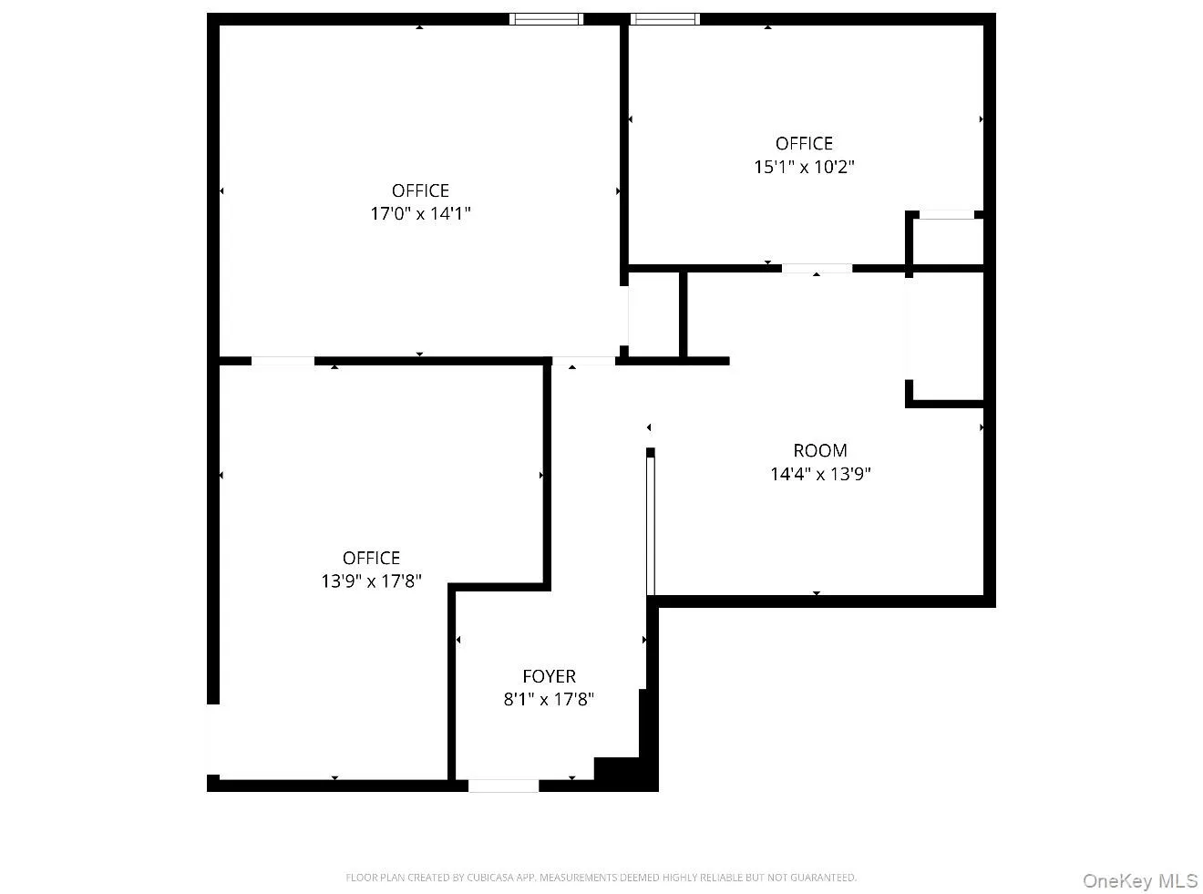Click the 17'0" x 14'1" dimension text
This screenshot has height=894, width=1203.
[420, 214]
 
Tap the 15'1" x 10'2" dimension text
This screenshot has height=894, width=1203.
[804, 167]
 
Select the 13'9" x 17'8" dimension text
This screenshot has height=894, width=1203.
[371, 581]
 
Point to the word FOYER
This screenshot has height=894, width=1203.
[549, 676]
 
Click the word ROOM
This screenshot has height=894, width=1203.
[820, 450]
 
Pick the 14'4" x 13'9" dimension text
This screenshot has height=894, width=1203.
[820, 474]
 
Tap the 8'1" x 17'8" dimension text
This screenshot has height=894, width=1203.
[549, 700]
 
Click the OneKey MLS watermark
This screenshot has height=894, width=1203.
[1139, 880]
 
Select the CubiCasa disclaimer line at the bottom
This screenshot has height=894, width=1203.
[601, 878]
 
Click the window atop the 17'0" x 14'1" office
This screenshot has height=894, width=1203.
[546, 18]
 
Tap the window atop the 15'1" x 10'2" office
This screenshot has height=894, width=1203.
[665, 18]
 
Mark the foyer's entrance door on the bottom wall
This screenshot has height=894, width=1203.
[503, 786]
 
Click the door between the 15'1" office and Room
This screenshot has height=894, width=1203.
[817, 269]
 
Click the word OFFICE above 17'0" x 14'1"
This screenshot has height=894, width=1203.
[420, 190]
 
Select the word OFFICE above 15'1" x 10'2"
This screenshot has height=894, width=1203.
[804, 143]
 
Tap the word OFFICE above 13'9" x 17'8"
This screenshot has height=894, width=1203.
[371, 558]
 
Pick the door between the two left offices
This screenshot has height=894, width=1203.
[283, 362]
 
